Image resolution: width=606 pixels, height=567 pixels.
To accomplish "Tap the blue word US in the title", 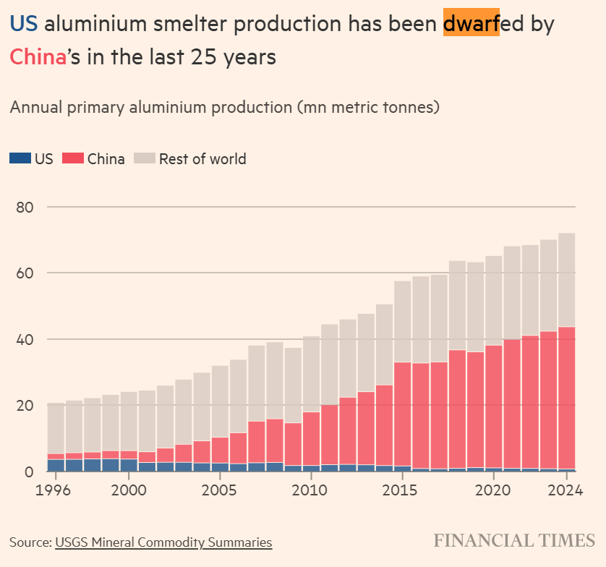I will tap(23, 25).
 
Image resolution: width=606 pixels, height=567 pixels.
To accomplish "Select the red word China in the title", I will tap(38, 56).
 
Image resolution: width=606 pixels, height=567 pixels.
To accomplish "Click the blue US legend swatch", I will tap(20, 159).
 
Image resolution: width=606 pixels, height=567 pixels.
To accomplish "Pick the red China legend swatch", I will tap(73, 159).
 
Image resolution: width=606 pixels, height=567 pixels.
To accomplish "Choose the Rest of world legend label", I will tap(202, 159).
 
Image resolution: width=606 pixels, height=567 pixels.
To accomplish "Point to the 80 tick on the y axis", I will tap(25, 208).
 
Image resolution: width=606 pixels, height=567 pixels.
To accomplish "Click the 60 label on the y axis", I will tap(25, 273).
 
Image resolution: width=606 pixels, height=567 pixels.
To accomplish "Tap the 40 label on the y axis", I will tap(25, 339).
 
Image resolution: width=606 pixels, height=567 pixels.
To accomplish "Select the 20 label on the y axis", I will tap(25, 406).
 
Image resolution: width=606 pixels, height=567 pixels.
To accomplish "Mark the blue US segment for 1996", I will tap(56, 465).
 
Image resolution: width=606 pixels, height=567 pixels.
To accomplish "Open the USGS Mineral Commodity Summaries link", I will tap(163, 542).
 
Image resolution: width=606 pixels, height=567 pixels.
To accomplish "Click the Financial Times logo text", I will tap(514, 540).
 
